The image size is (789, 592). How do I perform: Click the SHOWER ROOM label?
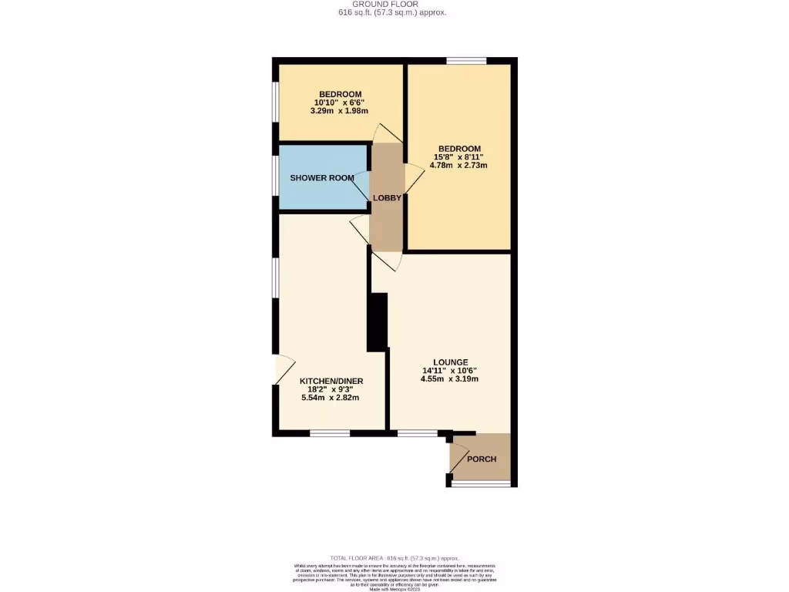tap(322, 178)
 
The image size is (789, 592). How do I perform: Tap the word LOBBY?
tap(387, 198)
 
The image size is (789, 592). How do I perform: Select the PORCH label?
tap(482, 459)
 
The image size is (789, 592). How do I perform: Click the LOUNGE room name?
tap(451, 362)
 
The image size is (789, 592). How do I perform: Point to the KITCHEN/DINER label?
tap(331, 381)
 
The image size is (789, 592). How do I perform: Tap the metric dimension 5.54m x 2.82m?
tap(331, 398)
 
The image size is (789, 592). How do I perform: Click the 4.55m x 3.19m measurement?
tap(451, 378)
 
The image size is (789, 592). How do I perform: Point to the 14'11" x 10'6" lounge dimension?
tap(451, 370)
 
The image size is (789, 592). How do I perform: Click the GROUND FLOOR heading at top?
tap(392, 5)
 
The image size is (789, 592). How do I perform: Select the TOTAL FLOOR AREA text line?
tap(394, 558)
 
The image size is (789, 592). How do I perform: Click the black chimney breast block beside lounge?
tap(378, 321)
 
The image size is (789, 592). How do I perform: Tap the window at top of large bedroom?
tap(467, 61)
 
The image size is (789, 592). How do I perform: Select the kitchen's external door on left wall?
tap(281, 369)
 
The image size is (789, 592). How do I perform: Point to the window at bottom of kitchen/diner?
tap(331, 433)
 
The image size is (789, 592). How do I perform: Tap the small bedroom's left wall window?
tap(275, 102)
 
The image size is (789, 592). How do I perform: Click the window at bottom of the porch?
tap(481, 484)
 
